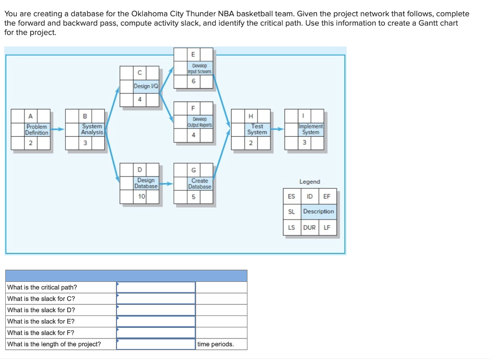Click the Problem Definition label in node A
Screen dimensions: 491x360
pos(36,129)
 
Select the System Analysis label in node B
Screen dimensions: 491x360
pos(92,129)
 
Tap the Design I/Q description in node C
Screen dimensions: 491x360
pos(146,86)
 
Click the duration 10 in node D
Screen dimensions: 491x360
pos(141,197)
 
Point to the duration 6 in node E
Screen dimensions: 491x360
pos(194,81)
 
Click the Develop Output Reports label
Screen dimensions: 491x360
pos(200,122)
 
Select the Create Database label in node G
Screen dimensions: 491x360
pos(200,184)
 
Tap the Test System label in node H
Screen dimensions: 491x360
pos(257,129)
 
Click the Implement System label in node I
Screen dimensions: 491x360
pos(311,129)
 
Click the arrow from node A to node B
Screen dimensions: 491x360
pos(58,129)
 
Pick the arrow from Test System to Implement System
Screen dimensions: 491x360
pos(278,129)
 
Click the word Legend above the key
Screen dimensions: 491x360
pos(310,182)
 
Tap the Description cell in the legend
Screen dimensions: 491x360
pos(319,211)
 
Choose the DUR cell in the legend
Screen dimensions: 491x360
pos(310,228)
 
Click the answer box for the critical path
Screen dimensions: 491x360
pos(156,287)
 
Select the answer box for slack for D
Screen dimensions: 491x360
pos(156,310)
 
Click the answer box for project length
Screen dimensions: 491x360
pos(156,344)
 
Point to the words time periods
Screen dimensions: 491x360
pos(215,344)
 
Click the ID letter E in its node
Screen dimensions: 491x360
pos(193,55)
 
